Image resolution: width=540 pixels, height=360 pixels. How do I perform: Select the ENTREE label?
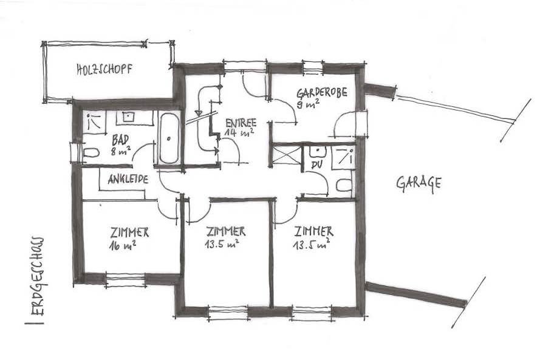[240, 121]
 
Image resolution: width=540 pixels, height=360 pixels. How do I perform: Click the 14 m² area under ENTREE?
[238, 131]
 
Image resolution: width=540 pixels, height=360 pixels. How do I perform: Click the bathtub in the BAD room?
[169, 138]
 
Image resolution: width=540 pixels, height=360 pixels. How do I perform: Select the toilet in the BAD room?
[90, 152]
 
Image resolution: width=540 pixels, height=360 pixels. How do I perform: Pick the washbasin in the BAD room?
[129, 117]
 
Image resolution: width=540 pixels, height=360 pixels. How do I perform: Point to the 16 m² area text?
[122, 245]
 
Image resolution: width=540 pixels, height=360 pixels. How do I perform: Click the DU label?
[316, 165]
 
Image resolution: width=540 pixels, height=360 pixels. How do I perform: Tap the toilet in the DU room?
[344, 185]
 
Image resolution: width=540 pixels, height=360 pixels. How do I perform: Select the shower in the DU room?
[343, 156]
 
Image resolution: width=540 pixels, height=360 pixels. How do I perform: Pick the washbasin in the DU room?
[318, 151]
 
